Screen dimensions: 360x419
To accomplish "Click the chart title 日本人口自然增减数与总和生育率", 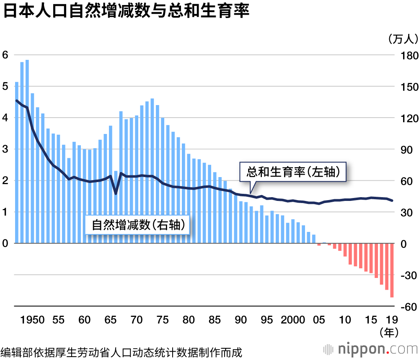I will tap(126, 11).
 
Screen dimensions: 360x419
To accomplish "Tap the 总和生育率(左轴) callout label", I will tap(293, 171).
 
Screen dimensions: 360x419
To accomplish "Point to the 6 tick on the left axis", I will tap(5, 55).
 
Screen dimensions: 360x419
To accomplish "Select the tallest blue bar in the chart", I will tap(27, 151).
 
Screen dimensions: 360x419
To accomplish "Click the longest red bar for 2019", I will tap(392, 270).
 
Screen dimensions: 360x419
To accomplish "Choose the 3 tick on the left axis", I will tap(5, 149).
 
